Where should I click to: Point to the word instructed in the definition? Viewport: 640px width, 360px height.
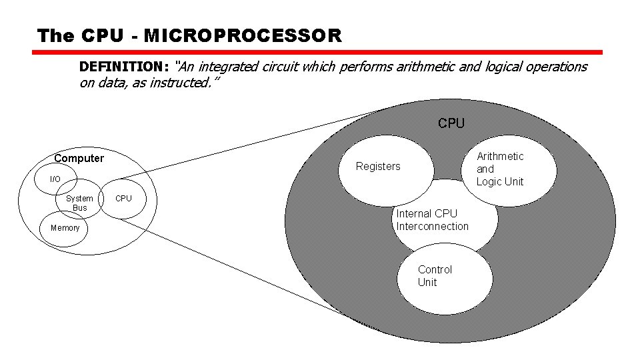pos(185,83)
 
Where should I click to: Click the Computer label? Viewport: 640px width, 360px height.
pos(79,158)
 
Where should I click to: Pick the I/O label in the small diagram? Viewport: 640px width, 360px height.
pos(55,179)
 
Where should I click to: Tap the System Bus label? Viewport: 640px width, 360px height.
pos(79,203)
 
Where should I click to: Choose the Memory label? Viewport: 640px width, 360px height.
pos(65,228)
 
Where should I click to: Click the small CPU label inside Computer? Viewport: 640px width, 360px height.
pos(123,198)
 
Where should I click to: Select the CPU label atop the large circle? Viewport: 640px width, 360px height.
pos(451,123)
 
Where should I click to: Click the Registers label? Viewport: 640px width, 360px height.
pos(378,166)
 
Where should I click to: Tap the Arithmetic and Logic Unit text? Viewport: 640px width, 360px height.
pos(500,169)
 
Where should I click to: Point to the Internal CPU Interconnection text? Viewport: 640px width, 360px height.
pos(432,220)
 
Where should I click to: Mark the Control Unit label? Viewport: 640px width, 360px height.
pos(435,276)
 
